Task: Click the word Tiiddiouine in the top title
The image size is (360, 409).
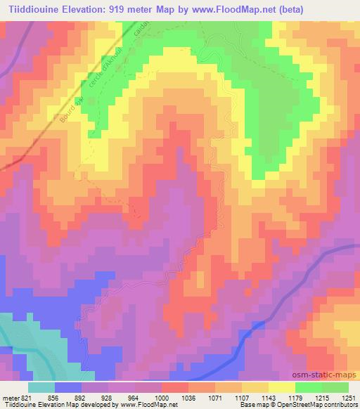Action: pyautogui.click(x=32, y=9)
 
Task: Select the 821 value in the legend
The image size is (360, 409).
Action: pyautogui.click(x=27, y=397)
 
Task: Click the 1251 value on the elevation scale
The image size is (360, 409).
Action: pyautogui.click(x=349, y=397)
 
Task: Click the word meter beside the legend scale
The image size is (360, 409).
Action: pyautogui.click(x=10, y=397)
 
